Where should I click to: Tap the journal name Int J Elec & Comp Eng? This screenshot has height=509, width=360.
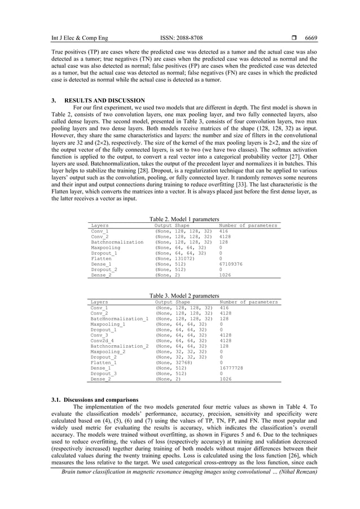coord(72,38)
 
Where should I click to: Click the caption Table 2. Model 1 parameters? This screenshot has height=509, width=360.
coord(184,219)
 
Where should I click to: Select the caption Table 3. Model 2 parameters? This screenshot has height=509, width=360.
coord(184,295)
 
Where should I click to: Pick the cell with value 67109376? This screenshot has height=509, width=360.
coord(231,264)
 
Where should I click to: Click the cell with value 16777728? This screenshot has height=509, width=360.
coord(231,367)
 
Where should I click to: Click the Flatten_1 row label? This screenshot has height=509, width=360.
coord(104,362)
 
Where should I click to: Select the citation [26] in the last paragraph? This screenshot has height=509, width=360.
coord(268,455)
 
